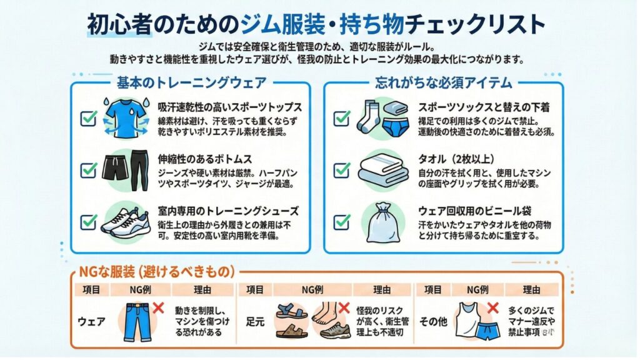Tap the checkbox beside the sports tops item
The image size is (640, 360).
pos(89,117)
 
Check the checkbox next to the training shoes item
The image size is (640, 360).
pos(89,221)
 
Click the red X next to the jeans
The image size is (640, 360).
pos(158,308)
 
